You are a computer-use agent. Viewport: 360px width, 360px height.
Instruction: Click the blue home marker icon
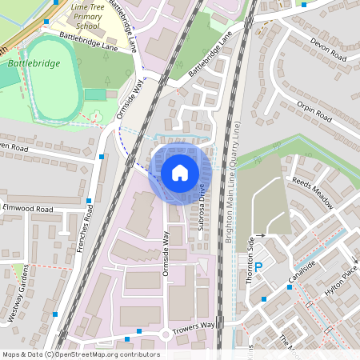[x=180, y=172]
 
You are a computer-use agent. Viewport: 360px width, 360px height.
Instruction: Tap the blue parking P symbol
[x=258, y=267]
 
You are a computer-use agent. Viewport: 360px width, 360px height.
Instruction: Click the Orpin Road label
[x=314, y=111]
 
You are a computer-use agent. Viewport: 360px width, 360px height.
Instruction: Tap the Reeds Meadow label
[x=313, y=191]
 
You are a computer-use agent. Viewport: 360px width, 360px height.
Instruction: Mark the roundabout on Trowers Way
[x=166, y=334]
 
